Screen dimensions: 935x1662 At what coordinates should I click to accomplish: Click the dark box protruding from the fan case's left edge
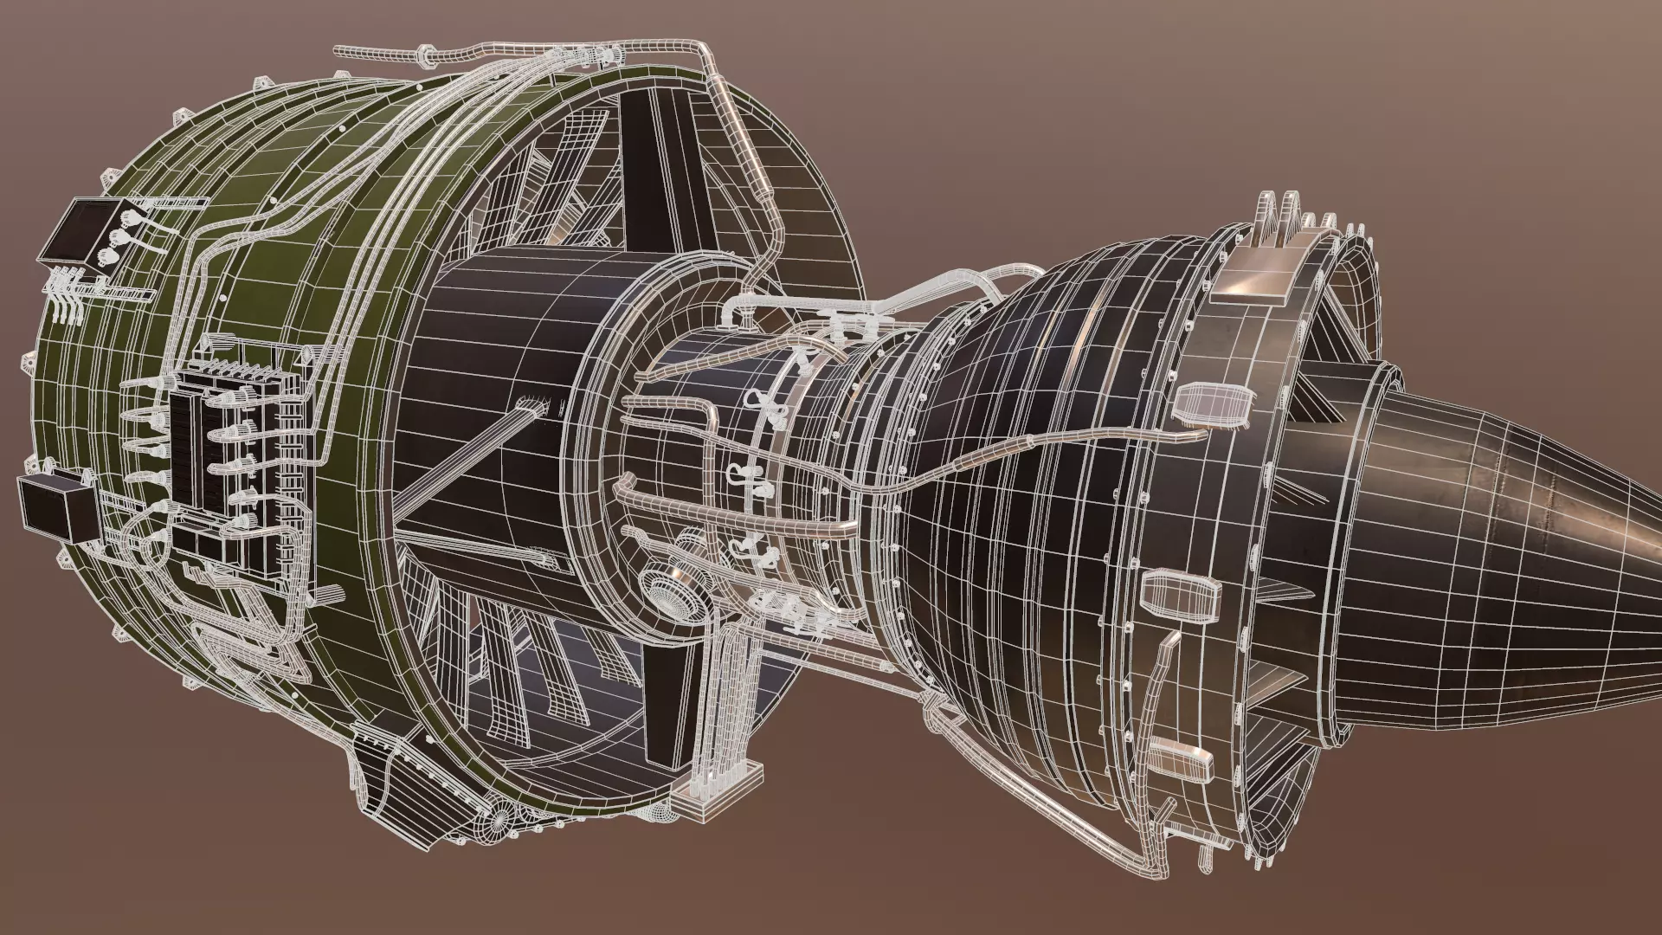tap(54, 506)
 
